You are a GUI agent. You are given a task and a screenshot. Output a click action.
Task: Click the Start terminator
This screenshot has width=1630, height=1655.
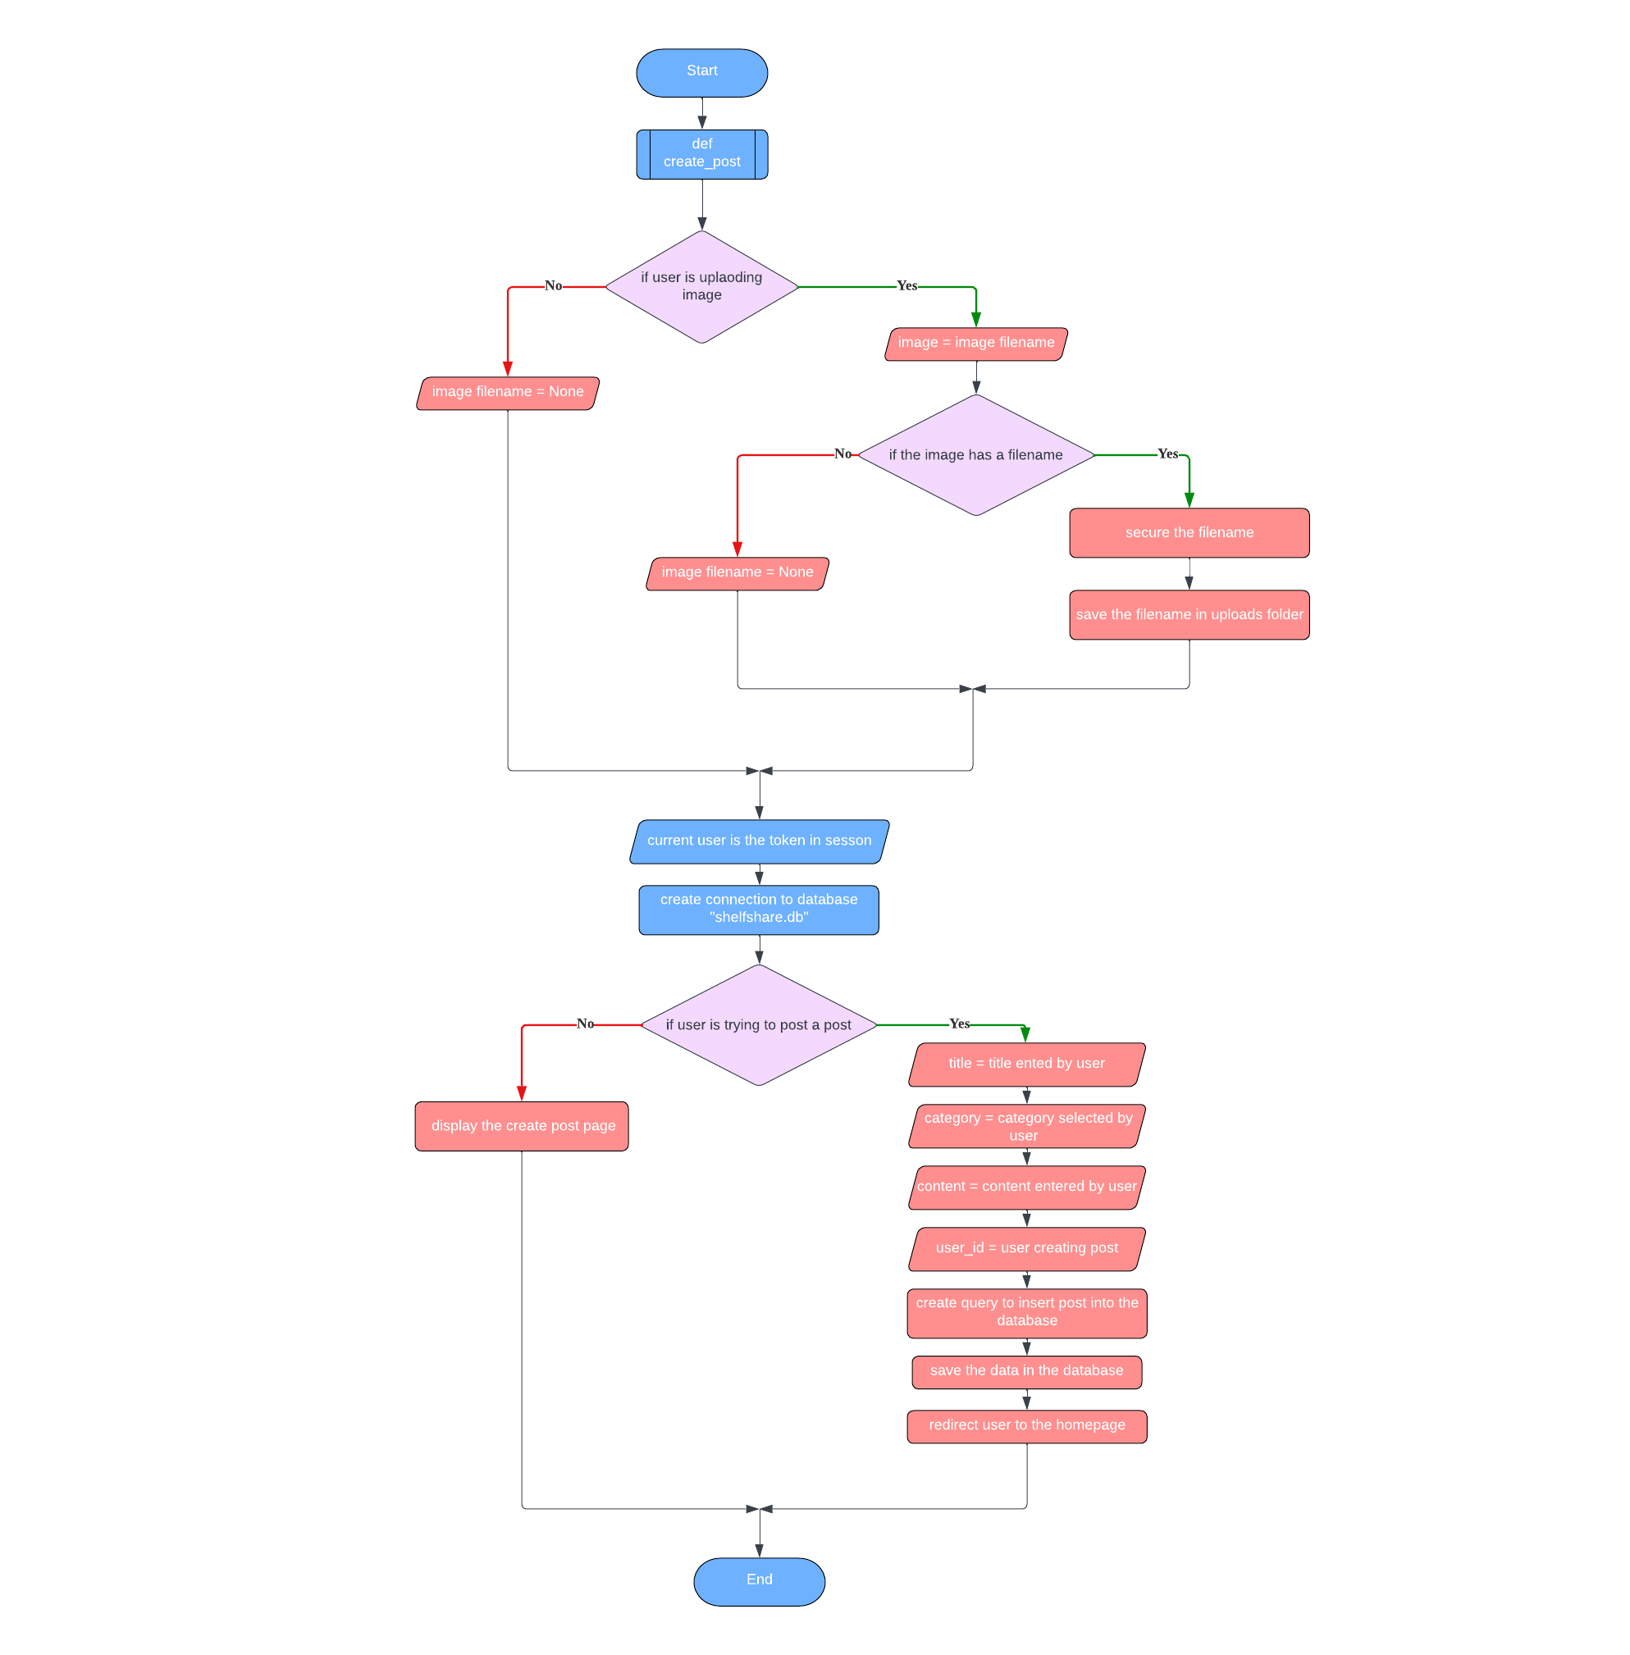[x=701, y=72]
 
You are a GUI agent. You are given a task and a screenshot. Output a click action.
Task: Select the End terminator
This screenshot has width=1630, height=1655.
[x=759, y=1580]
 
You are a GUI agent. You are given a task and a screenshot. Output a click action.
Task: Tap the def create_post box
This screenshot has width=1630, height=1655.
[x=701, y=154]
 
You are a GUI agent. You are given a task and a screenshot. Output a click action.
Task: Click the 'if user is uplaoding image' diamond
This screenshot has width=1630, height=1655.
[x=701, y=287]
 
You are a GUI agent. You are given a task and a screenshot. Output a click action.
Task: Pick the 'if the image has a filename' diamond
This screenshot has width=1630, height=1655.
[x=975, y=454]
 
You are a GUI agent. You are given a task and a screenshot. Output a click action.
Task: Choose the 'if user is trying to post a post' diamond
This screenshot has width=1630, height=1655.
[x=759, y=1024]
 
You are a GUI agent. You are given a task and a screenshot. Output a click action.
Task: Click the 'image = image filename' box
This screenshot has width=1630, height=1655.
[x=975, y=343]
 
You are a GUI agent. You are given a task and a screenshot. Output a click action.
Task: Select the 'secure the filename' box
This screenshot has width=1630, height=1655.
[x=1189, y=532]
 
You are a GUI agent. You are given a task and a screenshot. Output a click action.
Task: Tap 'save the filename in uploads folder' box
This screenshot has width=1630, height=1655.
[x=1189, y=614]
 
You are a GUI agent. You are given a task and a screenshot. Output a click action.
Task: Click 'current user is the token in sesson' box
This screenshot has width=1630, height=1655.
[x=759, y=841]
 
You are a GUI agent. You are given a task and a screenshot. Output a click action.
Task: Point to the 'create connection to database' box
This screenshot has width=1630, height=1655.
[x=759, y=909]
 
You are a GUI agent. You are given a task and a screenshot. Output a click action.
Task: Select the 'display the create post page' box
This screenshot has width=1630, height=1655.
[x=522, y=1125]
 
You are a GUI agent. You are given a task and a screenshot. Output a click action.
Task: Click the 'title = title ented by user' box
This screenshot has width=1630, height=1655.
[x=1025, y=1064]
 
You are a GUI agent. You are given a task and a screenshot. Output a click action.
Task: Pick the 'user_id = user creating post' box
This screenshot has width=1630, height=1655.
[x=1025, y=1248]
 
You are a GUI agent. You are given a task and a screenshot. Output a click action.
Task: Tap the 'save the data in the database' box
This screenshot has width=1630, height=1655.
[x=1025, y=1371]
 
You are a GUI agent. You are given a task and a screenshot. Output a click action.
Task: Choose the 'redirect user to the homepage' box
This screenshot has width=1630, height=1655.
[x=1025, y=1425]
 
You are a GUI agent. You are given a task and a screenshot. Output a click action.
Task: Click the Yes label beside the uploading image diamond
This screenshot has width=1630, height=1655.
[x=906, y=286]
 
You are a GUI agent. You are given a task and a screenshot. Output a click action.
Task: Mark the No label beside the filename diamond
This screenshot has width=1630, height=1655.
[x=842, y=454]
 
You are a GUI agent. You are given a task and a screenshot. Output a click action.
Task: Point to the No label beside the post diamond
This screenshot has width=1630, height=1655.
[x=585, y=1024]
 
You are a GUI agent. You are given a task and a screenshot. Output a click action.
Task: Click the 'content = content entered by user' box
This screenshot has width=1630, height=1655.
[x=1025, y=1187]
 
